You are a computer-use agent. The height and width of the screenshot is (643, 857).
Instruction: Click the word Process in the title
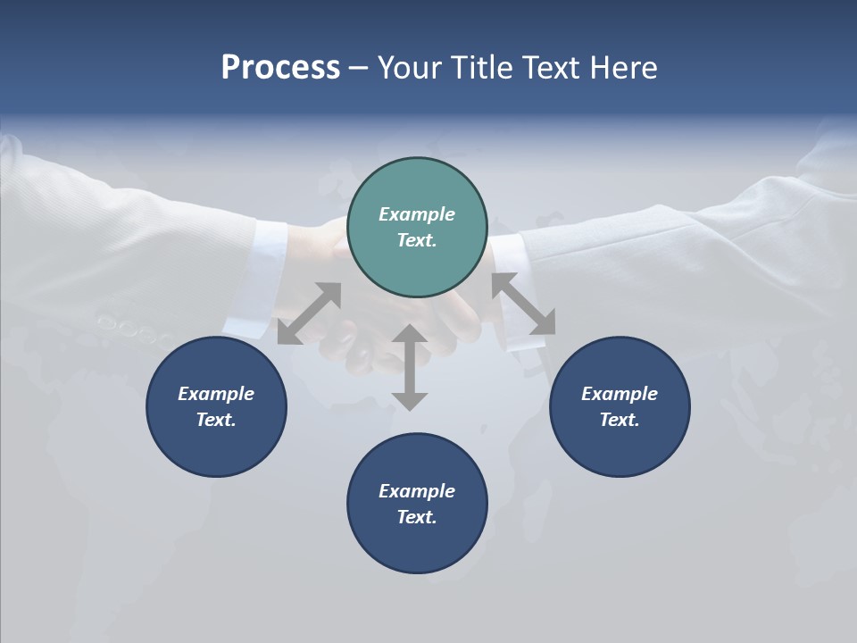pos(280,68)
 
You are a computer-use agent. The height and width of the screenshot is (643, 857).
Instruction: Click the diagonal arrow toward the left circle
pos(309,313)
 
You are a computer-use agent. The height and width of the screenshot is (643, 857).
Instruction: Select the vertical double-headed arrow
pos(410,367)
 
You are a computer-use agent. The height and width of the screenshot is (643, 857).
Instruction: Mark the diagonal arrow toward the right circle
pos(523,304)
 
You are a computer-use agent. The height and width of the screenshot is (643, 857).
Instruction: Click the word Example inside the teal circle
pos(417,214)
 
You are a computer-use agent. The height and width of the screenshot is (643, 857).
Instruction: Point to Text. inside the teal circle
pos(417,240)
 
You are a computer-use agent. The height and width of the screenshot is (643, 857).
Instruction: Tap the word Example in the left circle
pos(216,394)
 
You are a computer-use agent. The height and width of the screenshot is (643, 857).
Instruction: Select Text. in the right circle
pos(620,420)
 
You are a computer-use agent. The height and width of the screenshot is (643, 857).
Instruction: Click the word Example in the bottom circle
pos(417,491)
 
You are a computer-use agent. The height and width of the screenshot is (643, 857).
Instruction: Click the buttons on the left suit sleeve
pos(134,329)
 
